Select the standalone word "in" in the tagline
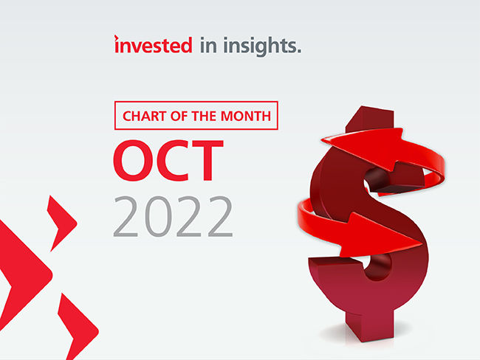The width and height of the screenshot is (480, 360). (208, 46)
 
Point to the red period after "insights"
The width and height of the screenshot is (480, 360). (299, 51)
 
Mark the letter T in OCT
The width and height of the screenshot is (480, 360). (210, 159)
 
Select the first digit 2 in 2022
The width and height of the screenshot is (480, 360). (128, 216)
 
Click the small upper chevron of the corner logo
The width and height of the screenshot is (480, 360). (61, 215)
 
